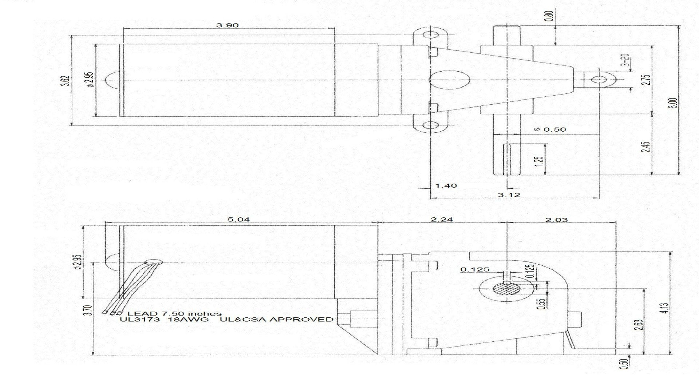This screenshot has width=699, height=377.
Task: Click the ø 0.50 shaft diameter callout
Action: pos(550,129)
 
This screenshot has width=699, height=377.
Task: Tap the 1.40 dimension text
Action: pos(446,186)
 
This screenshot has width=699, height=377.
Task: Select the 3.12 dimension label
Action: pos(509,195)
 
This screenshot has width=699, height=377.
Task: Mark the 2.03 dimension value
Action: pos(557,220)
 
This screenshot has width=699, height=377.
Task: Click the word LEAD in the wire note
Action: pos(138,314)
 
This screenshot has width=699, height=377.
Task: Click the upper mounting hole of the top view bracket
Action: pos(431,35)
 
